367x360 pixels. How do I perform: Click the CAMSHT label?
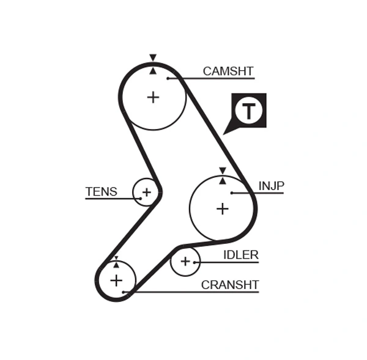coord(228,72)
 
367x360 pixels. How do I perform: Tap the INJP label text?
coord(271,186)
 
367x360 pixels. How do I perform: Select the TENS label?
coord(101,191)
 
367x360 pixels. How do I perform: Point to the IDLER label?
coord(240,255)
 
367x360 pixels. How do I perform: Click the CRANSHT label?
coord(230,285)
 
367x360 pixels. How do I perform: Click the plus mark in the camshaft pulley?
coord(153,97)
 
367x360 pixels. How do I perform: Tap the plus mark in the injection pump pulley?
coord(223,208)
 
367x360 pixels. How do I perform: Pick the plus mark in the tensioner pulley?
coord(146,193)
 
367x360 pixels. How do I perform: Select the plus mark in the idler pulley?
coord(185,262)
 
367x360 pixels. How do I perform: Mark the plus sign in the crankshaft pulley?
coord(116,281)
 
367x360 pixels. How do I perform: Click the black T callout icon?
coord(248,111)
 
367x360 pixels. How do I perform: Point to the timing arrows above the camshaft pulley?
coord(153,64)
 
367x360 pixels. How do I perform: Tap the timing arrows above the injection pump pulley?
coord(223,175)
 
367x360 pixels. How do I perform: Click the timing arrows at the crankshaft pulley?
coord(116,262)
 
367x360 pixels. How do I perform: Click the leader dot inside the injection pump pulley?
coord(232,193)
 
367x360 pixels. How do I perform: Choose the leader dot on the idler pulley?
coord(195,262)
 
